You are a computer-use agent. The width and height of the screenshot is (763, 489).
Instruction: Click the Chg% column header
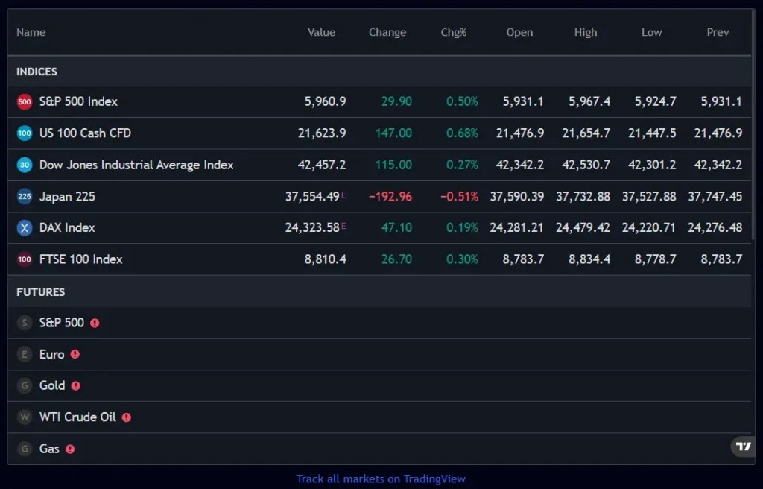point(453,32)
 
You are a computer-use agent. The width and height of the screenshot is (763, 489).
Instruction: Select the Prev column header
point(718,32)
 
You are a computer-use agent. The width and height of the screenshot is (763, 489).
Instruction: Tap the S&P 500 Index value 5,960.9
point(325,101)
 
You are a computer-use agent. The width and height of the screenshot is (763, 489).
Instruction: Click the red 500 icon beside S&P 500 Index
point(25,102)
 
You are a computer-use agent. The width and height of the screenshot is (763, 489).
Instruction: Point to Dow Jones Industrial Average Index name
point(136,165)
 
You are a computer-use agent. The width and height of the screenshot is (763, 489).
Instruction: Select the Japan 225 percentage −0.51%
point(459,197)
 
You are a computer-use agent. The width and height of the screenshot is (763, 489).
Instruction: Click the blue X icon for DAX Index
point(25,228)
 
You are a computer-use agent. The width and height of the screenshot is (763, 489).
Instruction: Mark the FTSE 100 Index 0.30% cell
point(462,259)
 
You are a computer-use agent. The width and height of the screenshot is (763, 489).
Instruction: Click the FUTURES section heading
point(40,292)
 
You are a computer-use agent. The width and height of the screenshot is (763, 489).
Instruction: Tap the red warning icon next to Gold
point(75,386)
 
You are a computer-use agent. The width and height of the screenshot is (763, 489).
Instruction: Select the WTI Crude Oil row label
point(77,417)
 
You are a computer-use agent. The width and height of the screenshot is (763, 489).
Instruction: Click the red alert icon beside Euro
point(75,355)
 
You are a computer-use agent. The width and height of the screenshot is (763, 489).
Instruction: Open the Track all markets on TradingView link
point(381,479)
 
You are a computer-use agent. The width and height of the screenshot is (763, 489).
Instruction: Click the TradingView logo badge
point(743,447)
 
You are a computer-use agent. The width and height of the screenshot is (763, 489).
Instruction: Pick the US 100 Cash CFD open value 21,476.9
point(520,133)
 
